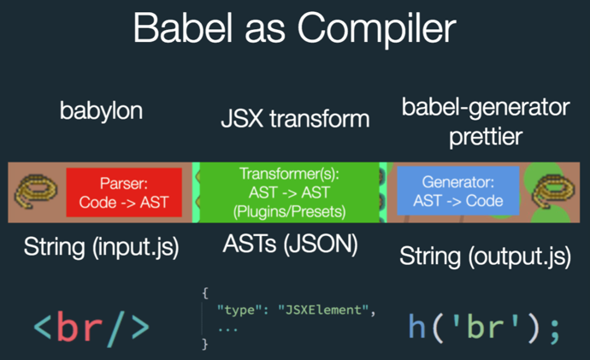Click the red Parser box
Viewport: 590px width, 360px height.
point(124,192)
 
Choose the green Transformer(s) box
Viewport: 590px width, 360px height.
point(291,193)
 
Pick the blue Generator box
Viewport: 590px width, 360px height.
point(457,192)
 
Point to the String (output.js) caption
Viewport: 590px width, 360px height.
point(486,255)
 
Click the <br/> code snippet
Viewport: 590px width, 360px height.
point(91,327)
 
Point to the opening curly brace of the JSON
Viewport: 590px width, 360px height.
point(205,292)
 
